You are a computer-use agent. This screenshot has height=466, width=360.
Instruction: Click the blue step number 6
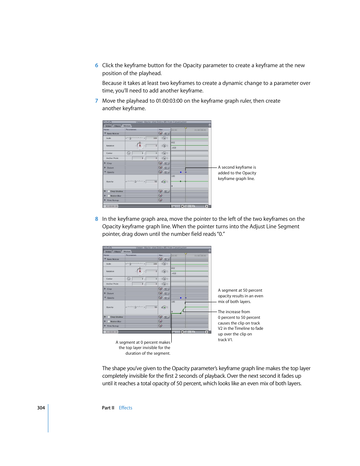point(97,65)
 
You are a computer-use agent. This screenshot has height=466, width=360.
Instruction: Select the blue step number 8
point(97,219)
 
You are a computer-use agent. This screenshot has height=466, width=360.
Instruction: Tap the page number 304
point(41,408)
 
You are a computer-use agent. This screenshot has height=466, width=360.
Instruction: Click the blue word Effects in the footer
point(125,408)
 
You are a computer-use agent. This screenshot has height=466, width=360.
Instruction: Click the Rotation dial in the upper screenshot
point(140,146)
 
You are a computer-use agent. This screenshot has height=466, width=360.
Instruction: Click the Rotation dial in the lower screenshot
point(140,271)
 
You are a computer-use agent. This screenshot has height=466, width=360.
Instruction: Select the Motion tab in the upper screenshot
point(127,126)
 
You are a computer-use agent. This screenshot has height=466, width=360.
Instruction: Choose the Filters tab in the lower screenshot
point(117,252)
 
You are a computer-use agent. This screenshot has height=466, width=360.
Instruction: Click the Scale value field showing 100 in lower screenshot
point(152,264)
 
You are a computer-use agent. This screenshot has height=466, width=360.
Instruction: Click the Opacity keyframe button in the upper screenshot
point(165,181)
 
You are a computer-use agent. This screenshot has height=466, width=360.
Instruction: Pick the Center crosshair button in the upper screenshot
point(129,153)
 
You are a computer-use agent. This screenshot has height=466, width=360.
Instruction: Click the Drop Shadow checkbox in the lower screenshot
point(109,317)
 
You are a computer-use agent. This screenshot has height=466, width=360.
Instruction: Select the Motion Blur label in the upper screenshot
point(116,196)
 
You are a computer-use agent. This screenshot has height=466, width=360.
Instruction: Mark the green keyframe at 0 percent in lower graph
point(181,313)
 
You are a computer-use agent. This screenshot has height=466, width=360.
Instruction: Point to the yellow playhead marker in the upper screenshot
point(186,128)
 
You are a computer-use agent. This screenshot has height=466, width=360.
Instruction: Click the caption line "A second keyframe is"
point(237,167)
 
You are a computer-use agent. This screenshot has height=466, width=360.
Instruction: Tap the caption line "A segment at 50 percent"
point(240,290)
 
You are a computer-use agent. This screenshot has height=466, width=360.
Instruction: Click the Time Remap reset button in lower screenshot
point(160,326)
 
